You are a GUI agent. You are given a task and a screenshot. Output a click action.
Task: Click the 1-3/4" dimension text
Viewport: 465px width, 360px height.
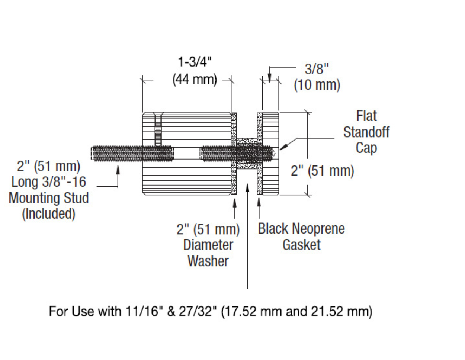tap(195, 62)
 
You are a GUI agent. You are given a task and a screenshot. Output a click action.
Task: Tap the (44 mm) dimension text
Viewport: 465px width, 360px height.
tap(195, 79)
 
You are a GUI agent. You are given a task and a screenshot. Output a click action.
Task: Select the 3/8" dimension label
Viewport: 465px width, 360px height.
tap(317, 69)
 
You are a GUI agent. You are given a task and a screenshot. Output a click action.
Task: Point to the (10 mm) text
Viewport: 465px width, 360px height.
tap(317, 85)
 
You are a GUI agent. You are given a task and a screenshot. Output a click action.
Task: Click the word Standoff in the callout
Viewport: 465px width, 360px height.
tap(366, 132)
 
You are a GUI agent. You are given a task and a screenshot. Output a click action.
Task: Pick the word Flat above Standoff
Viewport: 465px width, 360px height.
tap(366, 116)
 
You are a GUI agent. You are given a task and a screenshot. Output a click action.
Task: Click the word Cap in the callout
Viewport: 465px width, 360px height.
tap(366, 148)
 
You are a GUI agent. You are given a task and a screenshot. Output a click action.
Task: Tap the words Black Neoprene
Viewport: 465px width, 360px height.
tap(301, 229)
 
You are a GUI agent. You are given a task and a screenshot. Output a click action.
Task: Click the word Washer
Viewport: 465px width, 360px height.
tap(208, 261)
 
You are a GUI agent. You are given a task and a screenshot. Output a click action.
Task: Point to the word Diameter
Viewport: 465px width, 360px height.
tap(208, 245)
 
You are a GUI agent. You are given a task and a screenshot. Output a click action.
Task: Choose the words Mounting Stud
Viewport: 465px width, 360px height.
tap(49, 198)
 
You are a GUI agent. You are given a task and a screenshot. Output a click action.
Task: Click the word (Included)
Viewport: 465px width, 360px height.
tap(49, 214)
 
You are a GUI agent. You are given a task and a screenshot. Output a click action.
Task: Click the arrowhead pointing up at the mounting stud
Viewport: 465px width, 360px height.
tap(118, 170)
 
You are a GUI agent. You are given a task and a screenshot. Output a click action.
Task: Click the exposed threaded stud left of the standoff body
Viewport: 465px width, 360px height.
tap(117, 154)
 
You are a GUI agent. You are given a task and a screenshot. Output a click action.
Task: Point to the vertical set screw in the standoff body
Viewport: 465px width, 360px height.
tap(158, 130)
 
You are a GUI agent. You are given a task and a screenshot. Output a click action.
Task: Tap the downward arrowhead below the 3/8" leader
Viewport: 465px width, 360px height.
tap(270, 78)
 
